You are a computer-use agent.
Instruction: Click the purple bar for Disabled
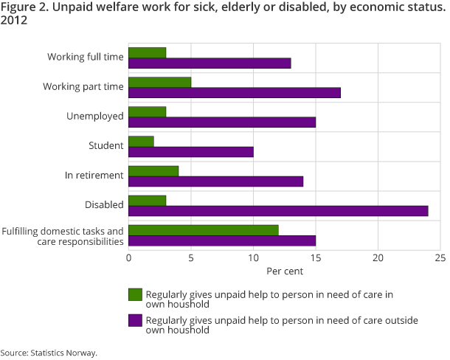tap(278, 211)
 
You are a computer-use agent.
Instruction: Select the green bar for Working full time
tap(147, 52)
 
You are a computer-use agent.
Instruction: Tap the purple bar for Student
tap(191, 151)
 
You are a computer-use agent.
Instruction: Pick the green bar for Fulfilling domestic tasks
tap(204, 230)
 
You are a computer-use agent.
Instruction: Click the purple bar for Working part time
tap(235, 92)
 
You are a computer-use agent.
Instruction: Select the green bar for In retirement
tap(153, 171)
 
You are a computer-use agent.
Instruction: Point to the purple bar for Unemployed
tap(222, 122)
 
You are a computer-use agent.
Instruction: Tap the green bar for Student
tap(141, 141)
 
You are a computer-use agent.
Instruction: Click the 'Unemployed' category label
tap(95, 117)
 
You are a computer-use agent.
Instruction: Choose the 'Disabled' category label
tap(104, 205)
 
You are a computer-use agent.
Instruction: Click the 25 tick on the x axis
tap(440, 258)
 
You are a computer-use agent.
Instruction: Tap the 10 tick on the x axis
tap(253, 258)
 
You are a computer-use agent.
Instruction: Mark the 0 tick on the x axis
tap(128, 258)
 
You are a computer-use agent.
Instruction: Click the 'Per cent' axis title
tap(284, 271)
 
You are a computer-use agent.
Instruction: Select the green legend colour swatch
tap(135, 294)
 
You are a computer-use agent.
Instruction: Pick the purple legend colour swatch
tap(135, 320)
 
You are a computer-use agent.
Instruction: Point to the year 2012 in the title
tap(14, 21)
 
